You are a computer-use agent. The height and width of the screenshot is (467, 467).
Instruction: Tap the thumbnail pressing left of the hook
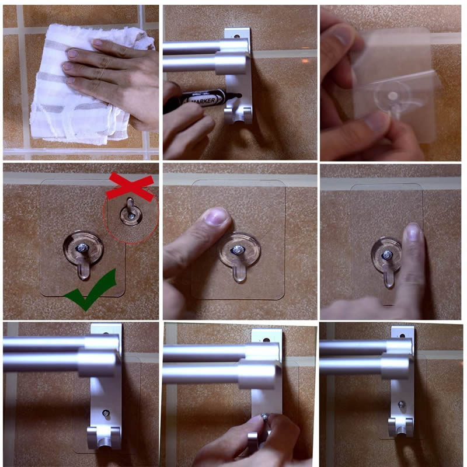(217, 218)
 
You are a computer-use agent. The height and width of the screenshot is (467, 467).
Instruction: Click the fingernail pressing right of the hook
(413, 233)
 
